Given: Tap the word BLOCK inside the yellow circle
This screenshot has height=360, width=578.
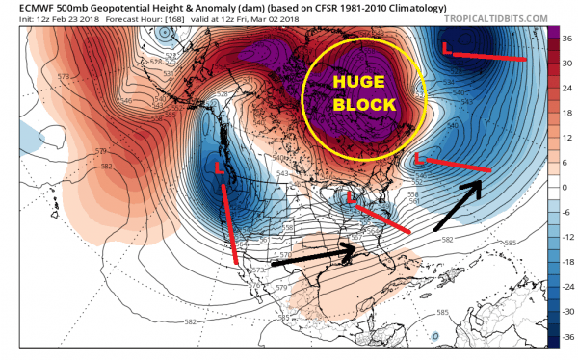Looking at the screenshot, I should pyautogui.click(x=361, y=103).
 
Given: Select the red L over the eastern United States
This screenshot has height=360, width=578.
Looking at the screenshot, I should pyautogui.click(x=352, y=201).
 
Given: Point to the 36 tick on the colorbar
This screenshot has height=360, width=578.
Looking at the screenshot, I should pyautogui.click(x=566, y=36).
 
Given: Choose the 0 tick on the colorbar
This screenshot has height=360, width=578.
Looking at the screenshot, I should pyautogui.click(x=566, y=189).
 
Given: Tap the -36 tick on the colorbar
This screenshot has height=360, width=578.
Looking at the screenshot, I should pyautogui.click(x=566, y=339).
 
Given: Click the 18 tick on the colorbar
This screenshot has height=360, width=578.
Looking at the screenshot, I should pyautogui.click(x=566, y=113).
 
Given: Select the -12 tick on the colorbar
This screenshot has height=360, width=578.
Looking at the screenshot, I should pyautogui.click(x=566, y=239).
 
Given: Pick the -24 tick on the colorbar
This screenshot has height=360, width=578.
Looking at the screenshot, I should pyautogui.click(x=566, y=289).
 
